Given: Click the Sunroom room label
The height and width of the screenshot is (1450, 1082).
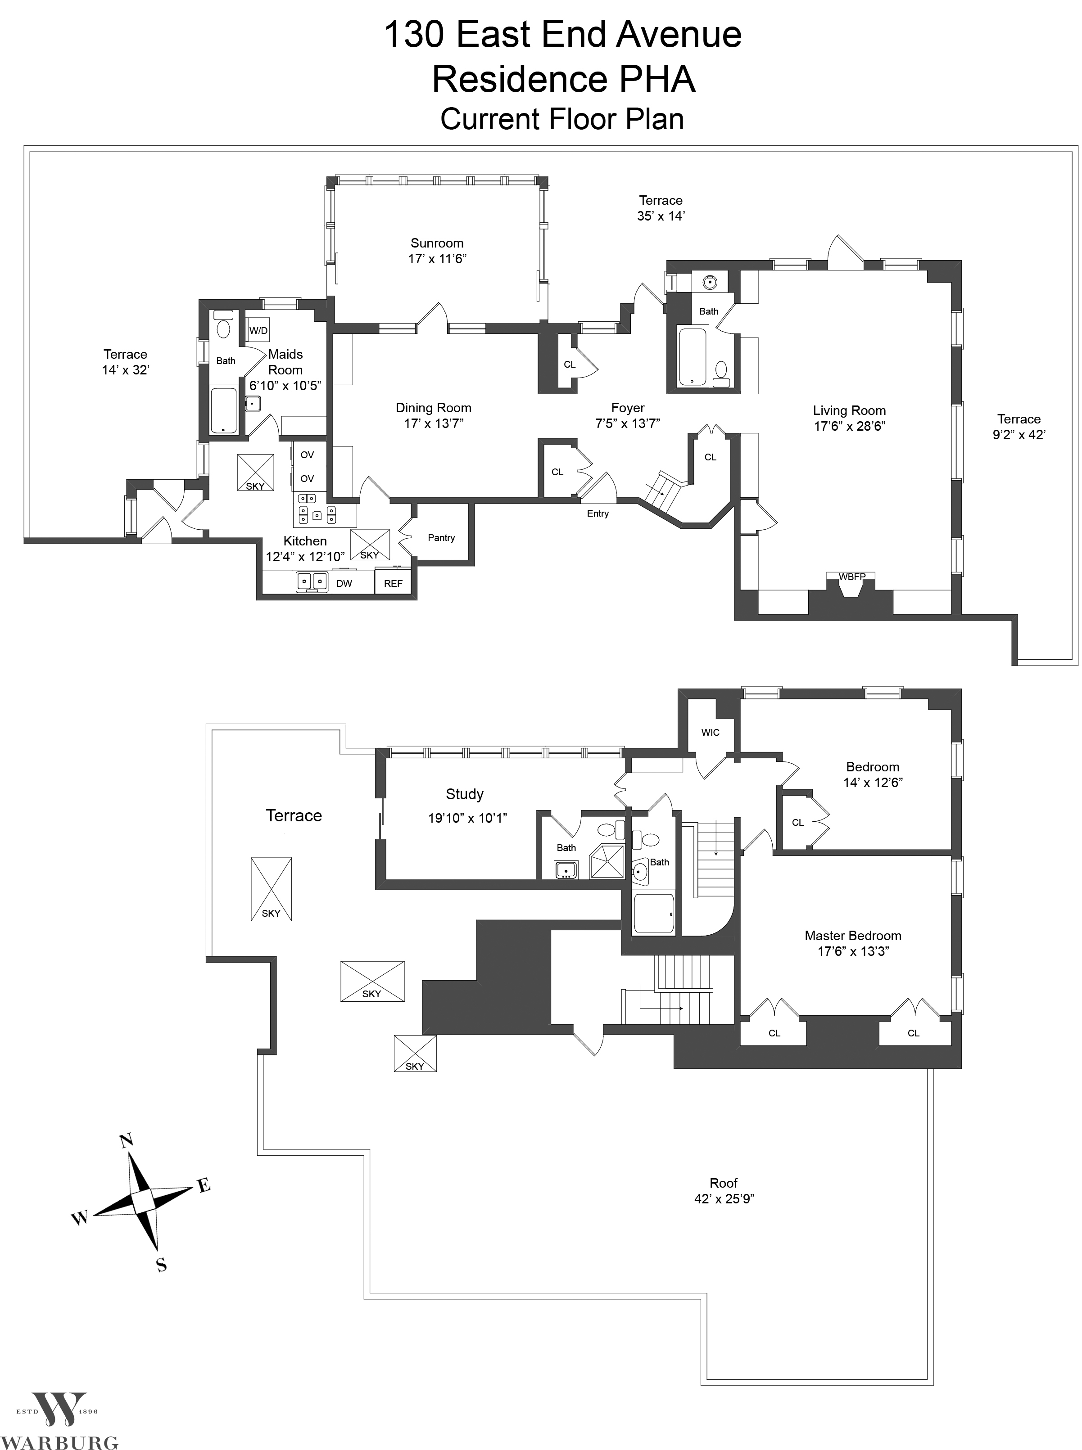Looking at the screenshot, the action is (x=437, y=243).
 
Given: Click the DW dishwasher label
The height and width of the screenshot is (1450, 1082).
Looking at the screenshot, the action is (x=344, y=583).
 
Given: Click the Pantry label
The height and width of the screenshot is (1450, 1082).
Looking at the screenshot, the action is (x=441, y=537).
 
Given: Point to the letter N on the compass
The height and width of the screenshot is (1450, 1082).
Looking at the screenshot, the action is (x=127, y=1140).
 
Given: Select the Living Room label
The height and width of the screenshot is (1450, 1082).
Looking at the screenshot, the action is (x=850, y=410).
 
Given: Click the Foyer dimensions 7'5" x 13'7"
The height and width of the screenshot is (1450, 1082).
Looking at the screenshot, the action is (x=628, y=423).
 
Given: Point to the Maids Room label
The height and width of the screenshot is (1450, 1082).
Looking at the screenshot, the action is (x=285, y=362).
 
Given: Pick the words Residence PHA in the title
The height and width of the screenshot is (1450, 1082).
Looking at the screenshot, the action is (x=563, y=79).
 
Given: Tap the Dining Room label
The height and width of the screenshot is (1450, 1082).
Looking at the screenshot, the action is (x=434, y=408).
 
